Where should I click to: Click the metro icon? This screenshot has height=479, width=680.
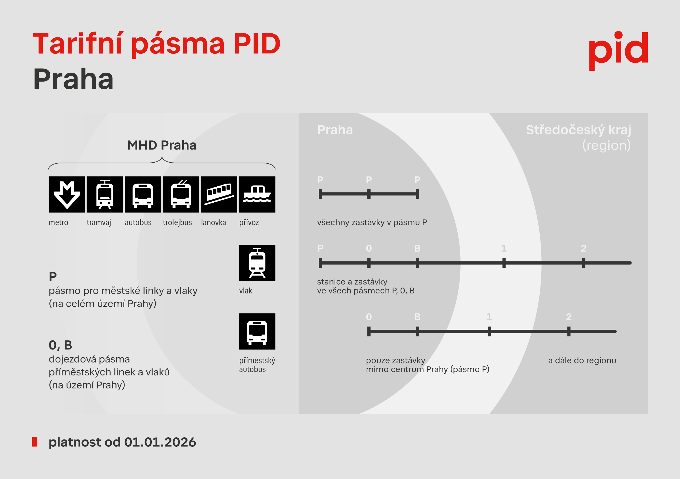(67, 194)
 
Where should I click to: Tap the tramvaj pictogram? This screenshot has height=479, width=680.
(105, 194)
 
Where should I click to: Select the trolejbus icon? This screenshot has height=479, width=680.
(181, 194)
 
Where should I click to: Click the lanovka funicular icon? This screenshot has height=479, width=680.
(219, 194)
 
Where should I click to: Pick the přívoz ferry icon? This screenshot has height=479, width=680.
(257, 194)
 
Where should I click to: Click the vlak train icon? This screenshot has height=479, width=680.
(257, 263)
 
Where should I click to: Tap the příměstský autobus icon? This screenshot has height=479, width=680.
(257, 331)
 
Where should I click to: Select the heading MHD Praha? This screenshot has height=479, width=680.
(162, 145)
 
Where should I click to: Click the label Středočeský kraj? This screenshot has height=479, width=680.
(578, 130)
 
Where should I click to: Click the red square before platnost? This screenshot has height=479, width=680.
(35, 442)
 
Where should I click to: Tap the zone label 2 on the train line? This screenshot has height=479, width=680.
(584, 248)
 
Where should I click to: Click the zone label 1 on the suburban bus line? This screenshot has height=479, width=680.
(489, 317)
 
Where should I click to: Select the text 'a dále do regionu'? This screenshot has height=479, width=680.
(582, 360)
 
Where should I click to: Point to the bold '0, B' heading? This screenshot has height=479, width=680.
(60, 345)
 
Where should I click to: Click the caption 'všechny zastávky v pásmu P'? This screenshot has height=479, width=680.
(372, 222)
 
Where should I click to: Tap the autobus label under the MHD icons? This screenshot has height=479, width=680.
(138, 222)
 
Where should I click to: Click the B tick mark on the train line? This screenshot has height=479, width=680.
(417, 263)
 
